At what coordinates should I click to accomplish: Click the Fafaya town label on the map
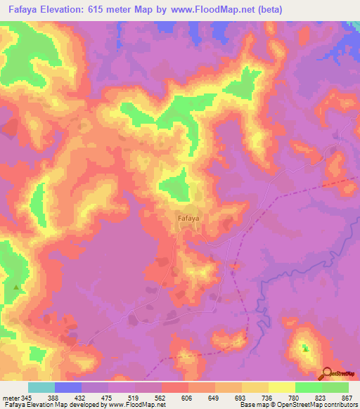188,219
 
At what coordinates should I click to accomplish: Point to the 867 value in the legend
347,398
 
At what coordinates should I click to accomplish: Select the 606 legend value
188,398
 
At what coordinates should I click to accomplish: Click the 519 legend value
134,398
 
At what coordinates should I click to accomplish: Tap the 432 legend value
80,398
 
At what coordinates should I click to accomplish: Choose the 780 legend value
295,398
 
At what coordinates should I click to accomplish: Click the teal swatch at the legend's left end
41,387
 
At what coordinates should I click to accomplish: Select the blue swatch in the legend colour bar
67,387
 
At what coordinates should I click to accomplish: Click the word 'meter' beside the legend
10,398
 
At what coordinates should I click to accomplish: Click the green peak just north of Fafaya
174,184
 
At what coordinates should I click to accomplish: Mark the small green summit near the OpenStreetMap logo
305,347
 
